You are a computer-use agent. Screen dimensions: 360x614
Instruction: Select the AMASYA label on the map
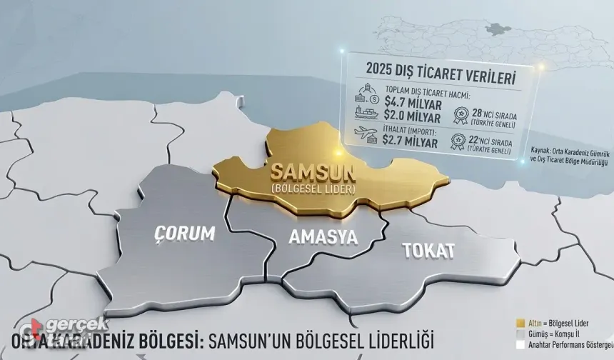click(323, 239)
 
